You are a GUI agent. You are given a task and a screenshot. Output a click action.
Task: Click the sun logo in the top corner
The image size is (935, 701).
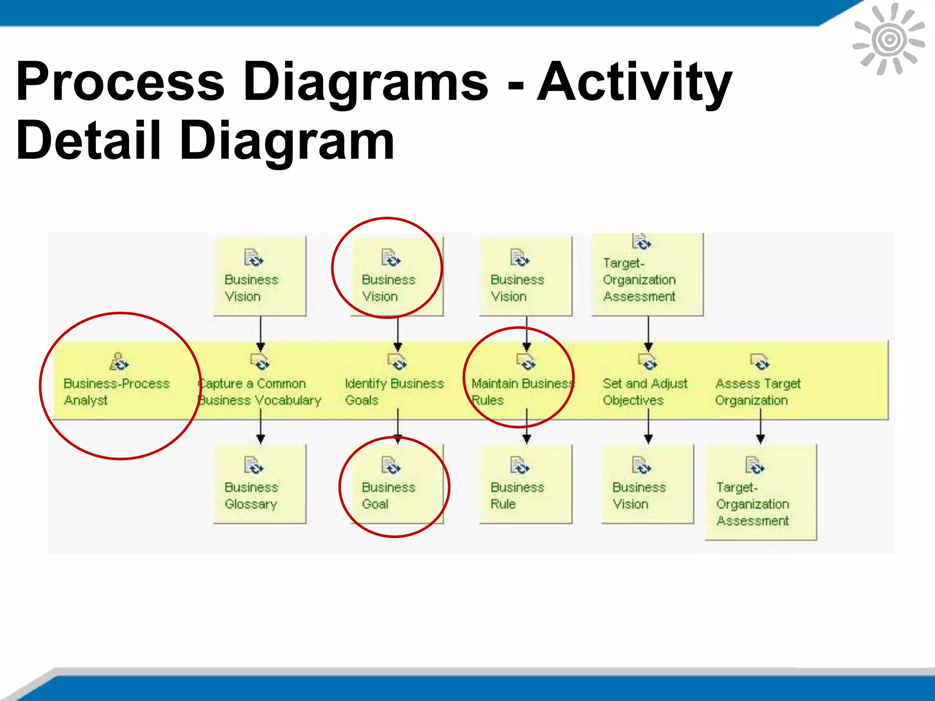889,39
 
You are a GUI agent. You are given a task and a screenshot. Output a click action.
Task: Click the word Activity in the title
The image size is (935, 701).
635,82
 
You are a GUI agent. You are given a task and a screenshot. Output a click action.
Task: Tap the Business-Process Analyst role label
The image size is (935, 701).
116,392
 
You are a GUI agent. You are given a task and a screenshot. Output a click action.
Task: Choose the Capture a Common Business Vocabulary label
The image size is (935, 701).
260,392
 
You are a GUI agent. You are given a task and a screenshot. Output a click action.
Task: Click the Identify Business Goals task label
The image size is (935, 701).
394,392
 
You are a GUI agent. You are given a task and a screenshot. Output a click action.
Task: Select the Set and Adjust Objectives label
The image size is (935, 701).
645,392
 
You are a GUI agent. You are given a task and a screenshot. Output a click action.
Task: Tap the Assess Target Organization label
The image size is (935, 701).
757,392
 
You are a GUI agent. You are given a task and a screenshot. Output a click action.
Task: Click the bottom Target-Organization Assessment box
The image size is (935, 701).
761,493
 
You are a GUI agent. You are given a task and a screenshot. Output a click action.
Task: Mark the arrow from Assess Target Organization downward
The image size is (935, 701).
760,427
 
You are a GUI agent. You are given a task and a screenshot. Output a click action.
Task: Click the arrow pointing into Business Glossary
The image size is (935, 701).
261,427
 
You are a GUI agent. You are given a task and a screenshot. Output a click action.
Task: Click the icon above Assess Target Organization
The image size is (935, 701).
760,361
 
